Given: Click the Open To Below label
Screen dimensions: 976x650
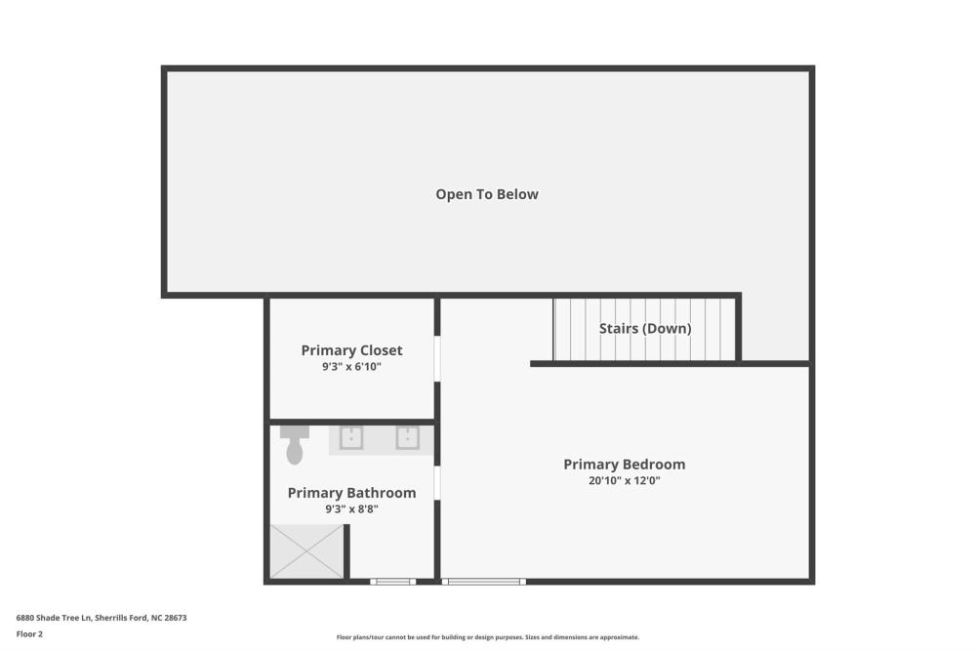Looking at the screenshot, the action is (487, 194).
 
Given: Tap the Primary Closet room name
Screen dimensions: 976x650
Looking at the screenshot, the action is (351, 350).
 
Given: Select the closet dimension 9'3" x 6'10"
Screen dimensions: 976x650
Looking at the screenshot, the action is (351, 367).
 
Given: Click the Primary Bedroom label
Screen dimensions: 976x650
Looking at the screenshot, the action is (625, 465).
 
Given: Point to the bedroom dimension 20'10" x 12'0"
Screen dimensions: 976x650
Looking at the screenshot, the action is (625, 480).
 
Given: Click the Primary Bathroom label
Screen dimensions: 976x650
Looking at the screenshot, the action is (351, 493).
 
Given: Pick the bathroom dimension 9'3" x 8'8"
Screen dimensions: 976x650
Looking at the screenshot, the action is (351, 509).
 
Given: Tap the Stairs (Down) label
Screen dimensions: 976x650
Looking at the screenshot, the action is (645, 328).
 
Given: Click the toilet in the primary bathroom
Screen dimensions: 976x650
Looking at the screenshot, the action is (295, 445).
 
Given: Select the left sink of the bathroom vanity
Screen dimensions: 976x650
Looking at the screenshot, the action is (351, 437).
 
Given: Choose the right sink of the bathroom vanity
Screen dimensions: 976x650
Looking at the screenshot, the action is (408, 437).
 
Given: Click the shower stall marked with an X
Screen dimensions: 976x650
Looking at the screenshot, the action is (306, 551).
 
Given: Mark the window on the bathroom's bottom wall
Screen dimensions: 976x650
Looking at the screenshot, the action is (392, 582).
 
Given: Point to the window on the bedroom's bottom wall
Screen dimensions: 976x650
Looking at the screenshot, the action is (484, 582).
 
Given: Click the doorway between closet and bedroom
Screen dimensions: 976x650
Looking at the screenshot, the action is (437, 358).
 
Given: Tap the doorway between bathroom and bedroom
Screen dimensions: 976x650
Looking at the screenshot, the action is (437, 483).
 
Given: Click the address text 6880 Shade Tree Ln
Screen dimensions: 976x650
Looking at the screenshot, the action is (54, 618).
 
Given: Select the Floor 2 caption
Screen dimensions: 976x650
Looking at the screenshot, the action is (29, 633).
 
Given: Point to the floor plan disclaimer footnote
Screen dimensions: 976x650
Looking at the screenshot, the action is (488, 637).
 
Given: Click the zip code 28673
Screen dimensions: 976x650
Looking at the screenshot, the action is (176, 618).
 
